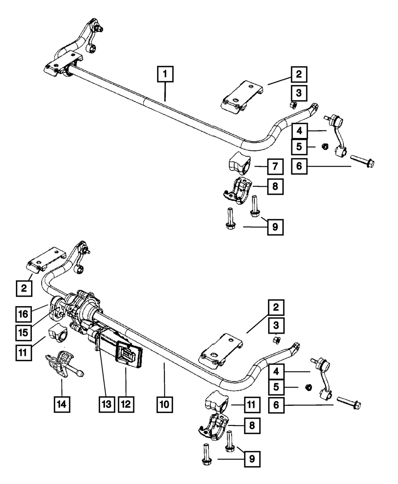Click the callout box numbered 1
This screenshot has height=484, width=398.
click(x=165, y=74)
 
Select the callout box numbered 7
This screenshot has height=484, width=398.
click(x=275, y=166)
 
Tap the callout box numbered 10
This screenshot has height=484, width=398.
click(x=165, y=405)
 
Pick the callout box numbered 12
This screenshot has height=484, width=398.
click(x=126, y=405)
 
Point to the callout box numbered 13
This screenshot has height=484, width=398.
click(x=107, y=405)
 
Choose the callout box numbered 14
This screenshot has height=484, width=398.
click(x=62, y=405)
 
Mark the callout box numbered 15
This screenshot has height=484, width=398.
click(x=23, y=333)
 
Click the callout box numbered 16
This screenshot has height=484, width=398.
click(x=23, y=314)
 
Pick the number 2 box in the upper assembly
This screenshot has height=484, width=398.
click(x=299, y=74)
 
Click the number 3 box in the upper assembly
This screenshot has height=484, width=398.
click(x=299, y=93)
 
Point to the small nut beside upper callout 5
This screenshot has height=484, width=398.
click(x=325, y=146)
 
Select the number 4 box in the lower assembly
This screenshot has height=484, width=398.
click(x=276, y=372)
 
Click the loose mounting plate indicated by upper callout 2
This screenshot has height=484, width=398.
click(x=242, y=97)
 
